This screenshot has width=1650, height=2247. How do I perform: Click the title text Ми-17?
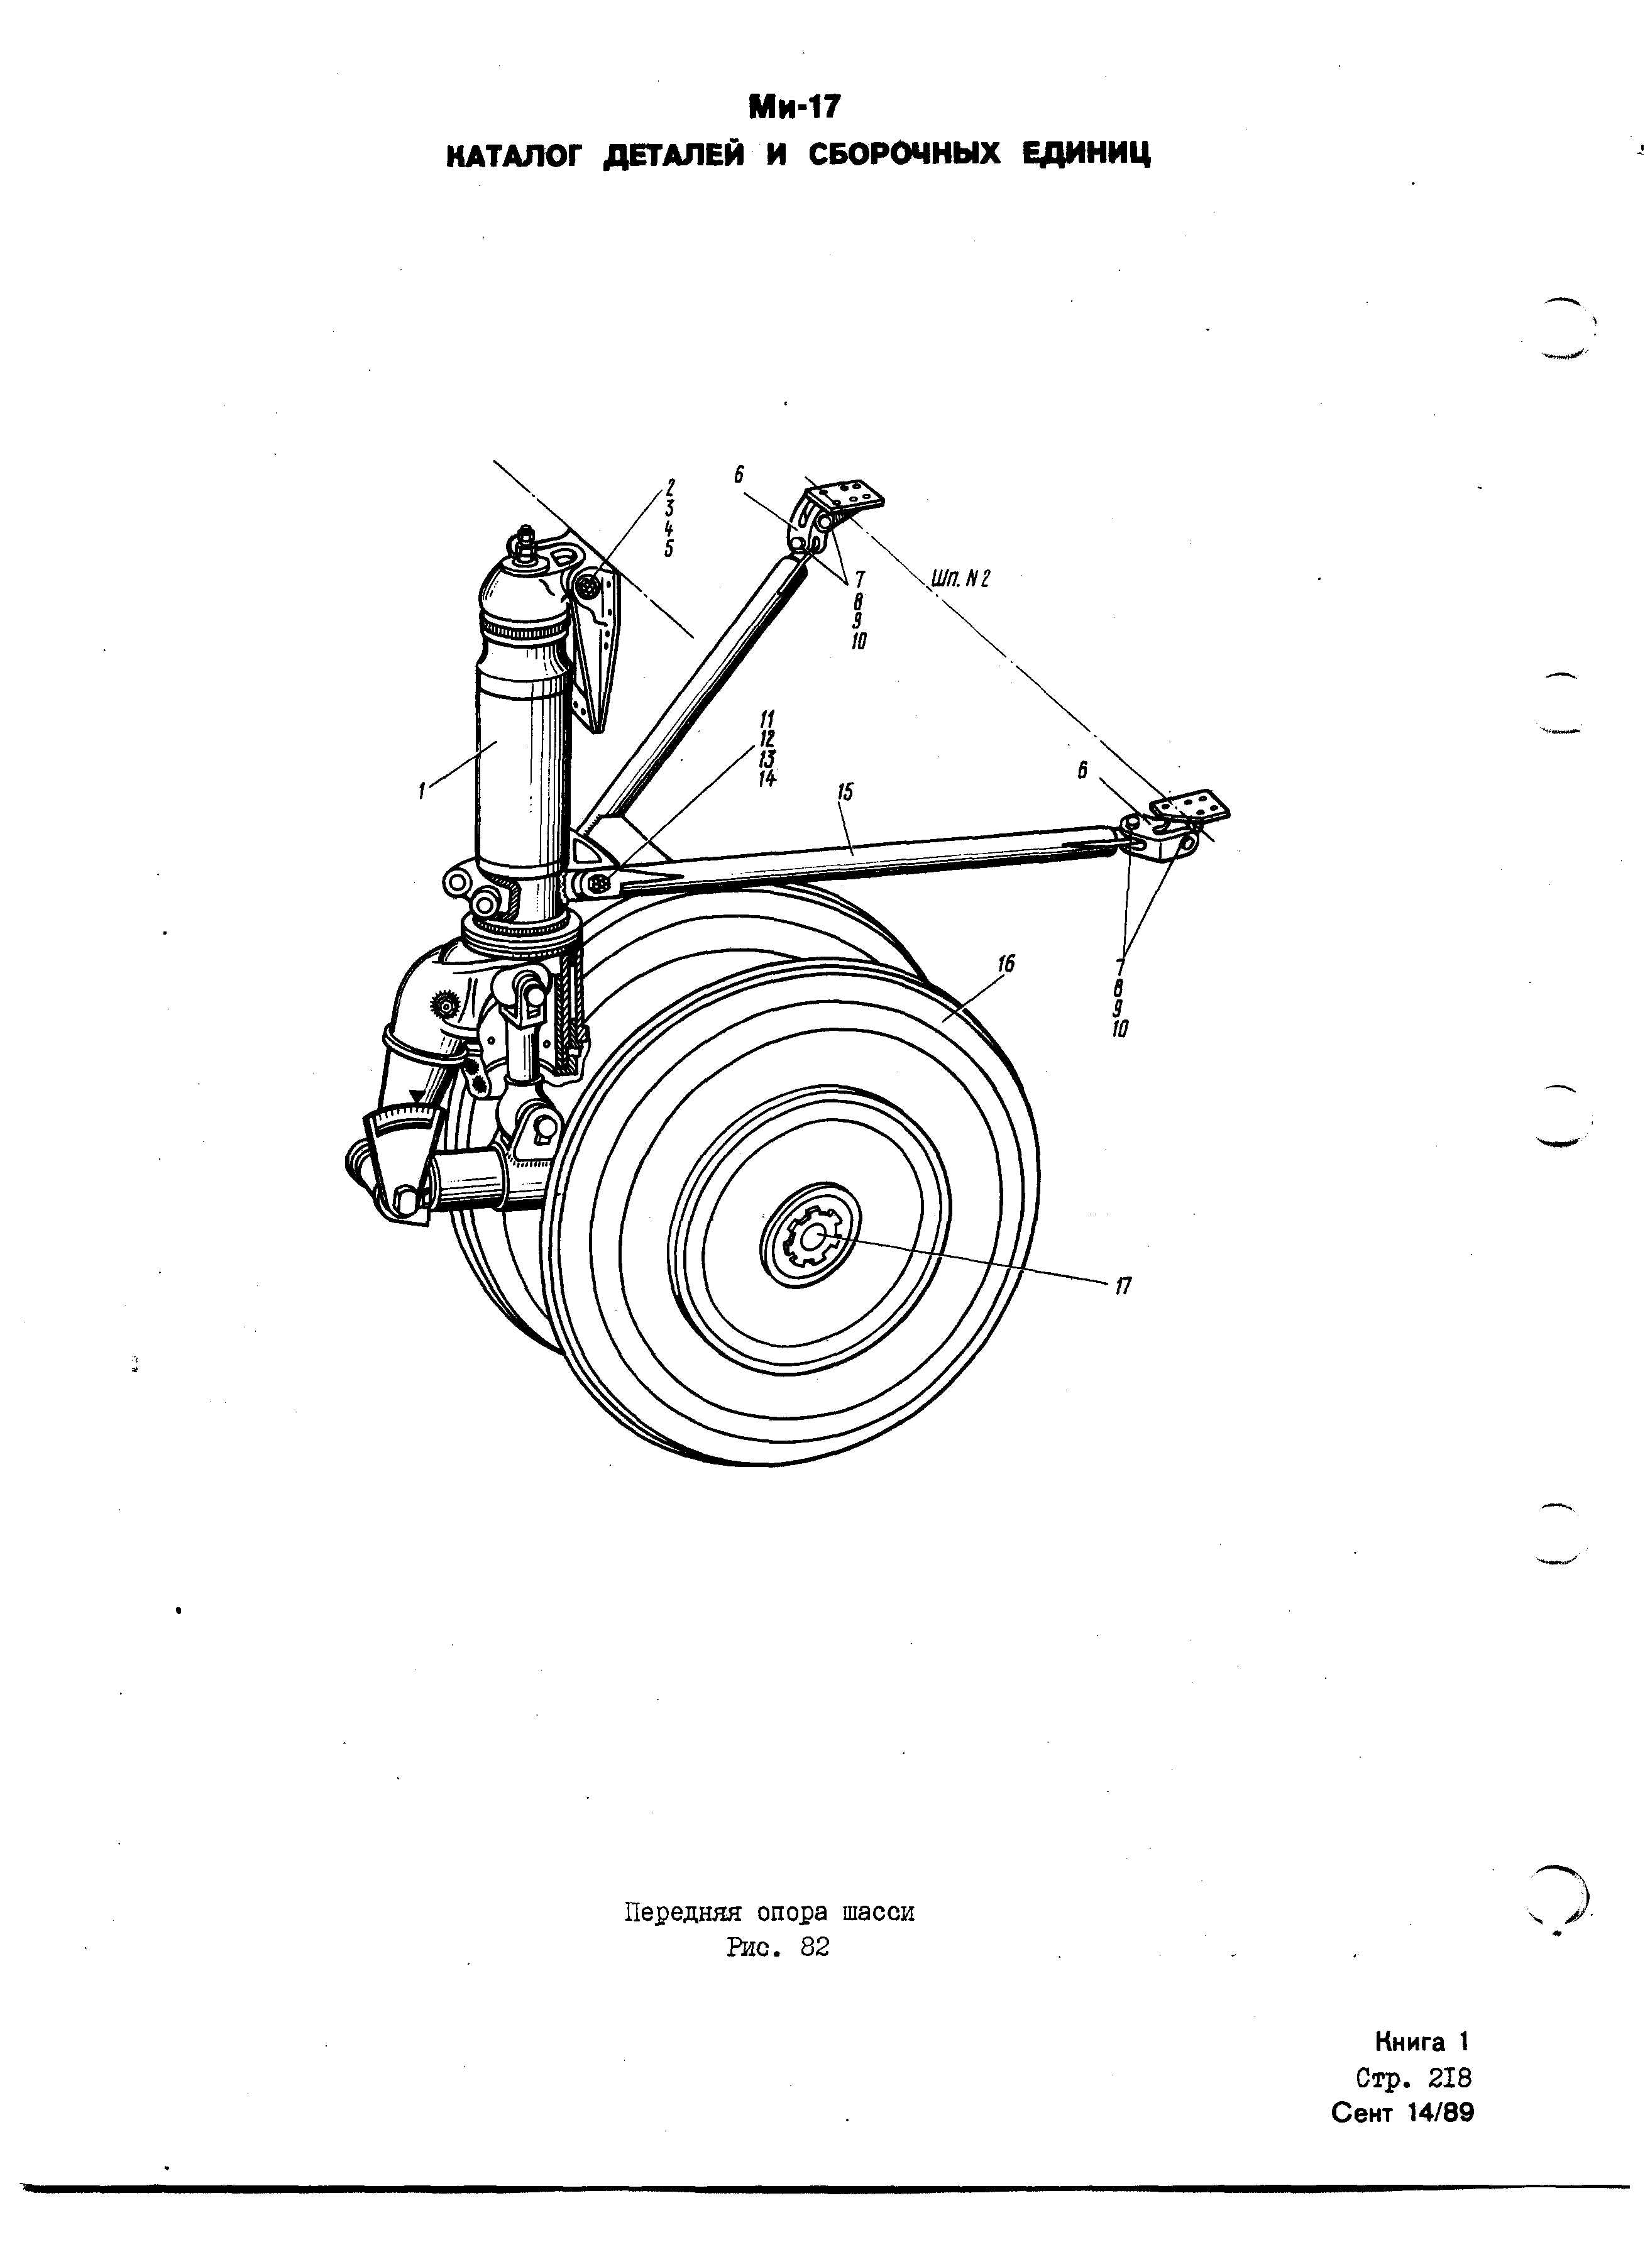796,105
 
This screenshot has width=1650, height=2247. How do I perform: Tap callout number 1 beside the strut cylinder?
422,790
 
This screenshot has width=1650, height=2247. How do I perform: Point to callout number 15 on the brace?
845,792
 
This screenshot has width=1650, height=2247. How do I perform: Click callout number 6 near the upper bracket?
740,475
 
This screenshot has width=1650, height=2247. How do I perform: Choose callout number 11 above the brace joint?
767,718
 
